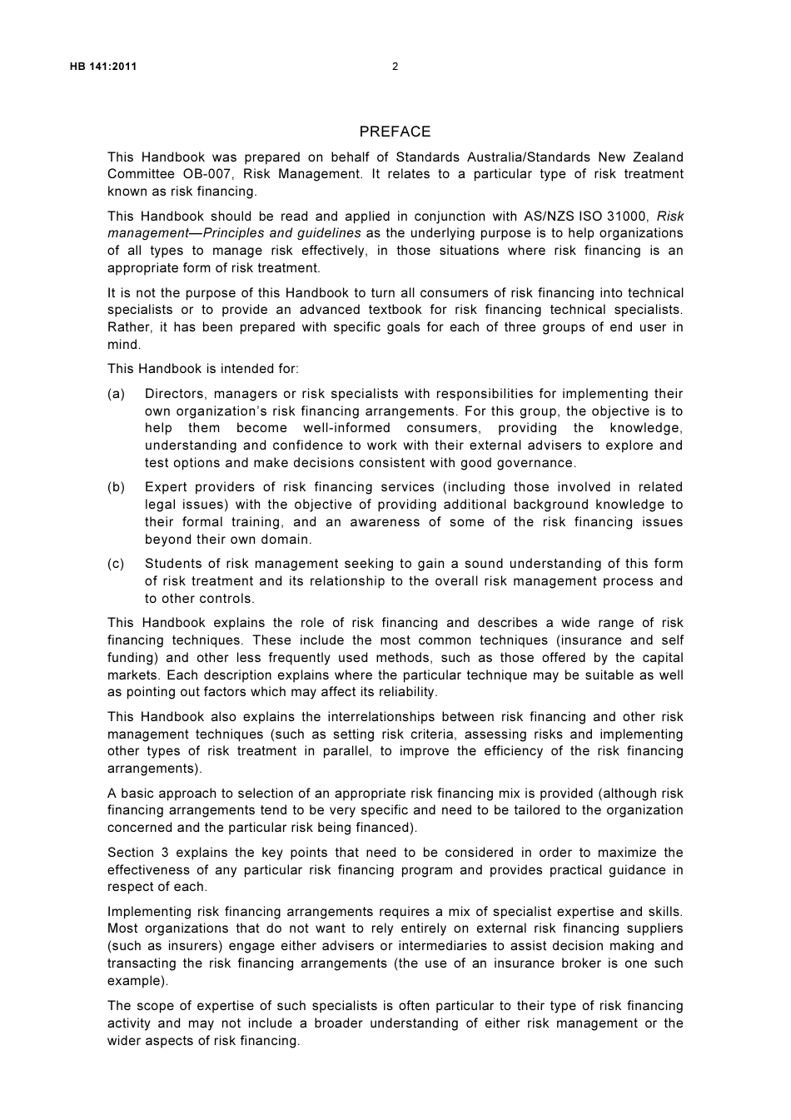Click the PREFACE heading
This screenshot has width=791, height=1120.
tap(395, 132)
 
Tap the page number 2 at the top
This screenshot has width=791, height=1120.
tap(395, 67)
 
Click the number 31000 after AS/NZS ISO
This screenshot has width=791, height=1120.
tap(629, 217)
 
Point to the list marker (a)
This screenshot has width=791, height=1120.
tap(117, 394)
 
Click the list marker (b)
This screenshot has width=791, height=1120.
tap(117, 487)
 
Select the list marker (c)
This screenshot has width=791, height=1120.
tap(117, 564)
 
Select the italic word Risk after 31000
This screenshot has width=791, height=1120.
tap(670, 217)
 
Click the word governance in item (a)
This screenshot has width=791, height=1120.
tap(538, 463)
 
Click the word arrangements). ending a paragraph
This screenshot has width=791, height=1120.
tap(155, 769)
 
